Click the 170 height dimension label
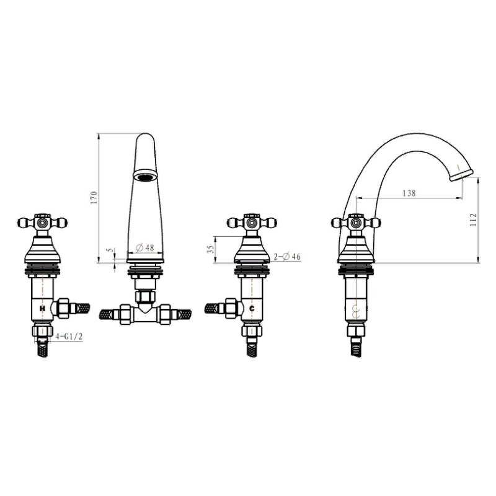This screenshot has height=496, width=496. (x=94, y=198)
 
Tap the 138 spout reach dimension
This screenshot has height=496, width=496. (x=409, y=193)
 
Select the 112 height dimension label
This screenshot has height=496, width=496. (x=473, y=220)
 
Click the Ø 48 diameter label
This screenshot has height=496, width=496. (x=145, y=247)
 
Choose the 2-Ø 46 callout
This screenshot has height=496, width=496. (x=287, y=257)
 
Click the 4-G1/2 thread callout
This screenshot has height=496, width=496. (x=69, y=337)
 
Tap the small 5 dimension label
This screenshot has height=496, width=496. (x=110, y=250)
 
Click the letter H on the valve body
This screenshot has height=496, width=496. (x=42, y=308)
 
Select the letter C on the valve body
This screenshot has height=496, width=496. (x=252, y=308)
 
